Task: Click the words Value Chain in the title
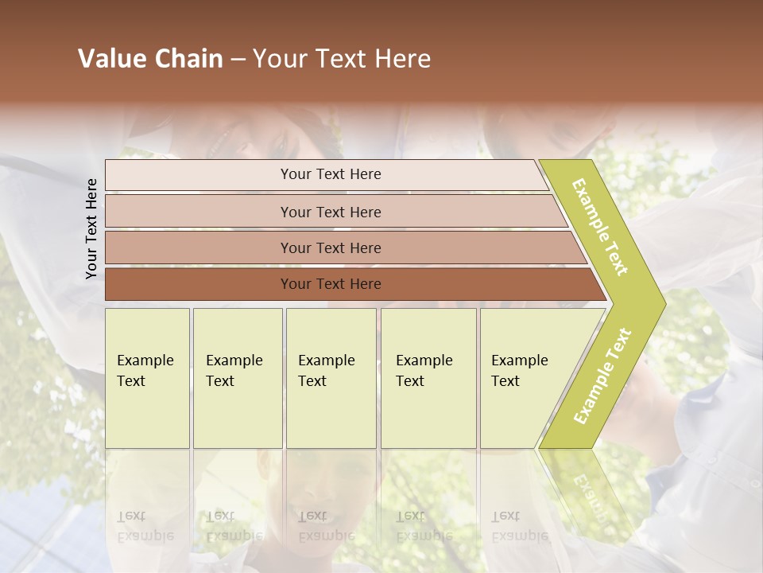click(x=150, y=59)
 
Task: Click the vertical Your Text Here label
click(x=92, y=228)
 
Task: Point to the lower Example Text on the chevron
click(x=602, y=376)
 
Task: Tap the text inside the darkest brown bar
click(x=331, y=284)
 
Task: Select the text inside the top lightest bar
click(x=331, y=174)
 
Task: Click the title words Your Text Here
click(x=342, y=59)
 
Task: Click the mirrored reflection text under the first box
click(x=145, y=525)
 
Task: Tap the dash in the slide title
click(x=238, y=59)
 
